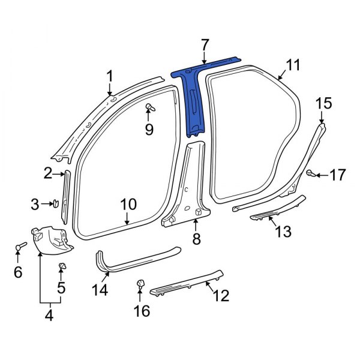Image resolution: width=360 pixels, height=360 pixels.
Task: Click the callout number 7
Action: click(205, 44)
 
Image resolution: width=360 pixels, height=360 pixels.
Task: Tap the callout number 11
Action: click(292, 65)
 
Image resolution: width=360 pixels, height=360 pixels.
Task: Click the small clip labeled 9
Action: click(149, 108)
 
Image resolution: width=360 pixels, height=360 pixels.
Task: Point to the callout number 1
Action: click(110, 75)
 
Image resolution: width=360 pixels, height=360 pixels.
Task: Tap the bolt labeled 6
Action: click(20, 247)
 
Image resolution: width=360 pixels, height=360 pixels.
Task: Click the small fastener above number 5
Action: click(61, 265)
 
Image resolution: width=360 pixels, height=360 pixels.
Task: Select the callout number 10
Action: click(128, 204)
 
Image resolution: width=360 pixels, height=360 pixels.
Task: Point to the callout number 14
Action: click(100, 290)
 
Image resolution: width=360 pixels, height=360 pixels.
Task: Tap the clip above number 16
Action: click(142, 284)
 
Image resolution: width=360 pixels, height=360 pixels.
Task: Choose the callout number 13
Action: click(283, 231)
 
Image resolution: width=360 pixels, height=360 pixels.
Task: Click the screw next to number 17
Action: click(310, 174)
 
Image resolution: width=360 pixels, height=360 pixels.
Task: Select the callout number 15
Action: click(323, 103)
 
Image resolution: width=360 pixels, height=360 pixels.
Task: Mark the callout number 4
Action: click(49, 314)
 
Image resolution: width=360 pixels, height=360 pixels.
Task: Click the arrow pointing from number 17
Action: click(320, 175)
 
